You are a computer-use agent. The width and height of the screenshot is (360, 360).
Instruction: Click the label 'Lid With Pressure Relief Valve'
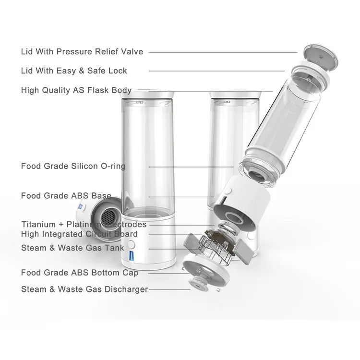click(82, 52)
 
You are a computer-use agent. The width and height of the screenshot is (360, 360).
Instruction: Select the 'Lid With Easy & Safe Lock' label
click(74, 71)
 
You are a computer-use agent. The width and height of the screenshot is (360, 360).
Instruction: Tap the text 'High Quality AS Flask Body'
click(76, 90)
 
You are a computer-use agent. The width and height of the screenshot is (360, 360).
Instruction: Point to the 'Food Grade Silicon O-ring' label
click(73, 166)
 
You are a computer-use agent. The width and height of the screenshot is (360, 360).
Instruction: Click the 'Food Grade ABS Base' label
click(66, 196)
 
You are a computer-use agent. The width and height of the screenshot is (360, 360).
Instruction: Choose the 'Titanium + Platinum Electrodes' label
click(84, 224)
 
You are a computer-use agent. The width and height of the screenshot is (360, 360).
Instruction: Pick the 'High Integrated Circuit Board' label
click(79, 234)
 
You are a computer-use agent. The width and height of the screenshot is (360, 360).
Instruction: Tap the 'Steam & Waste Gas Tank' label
click(72, 248)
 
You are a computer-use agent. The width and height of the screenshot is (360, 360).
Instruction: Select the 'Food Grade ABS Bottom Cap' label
click(80, 273)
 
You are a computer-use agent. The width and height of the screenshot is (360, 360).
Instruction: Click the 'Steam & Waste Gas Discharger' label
click(84, 289)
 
